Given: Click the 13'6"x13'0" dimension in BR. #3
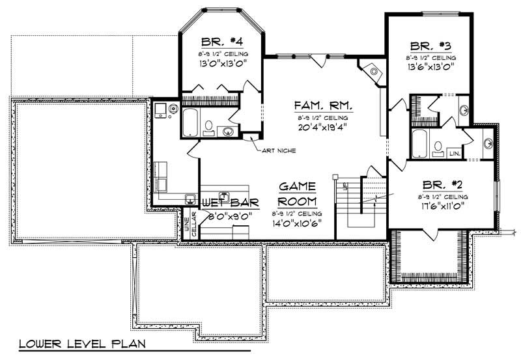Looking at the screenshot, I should (x=431, y=66).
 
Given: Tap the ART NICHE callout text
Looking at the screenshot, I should (x=279, y=150).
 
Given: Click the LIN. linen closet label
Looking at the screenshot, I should (x=455, y=153).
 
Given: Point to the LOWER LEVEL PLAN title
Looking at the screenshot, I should (x=81, y=343).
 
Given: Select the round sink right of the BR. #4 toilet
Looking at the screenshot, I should (x=229, y=131).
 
